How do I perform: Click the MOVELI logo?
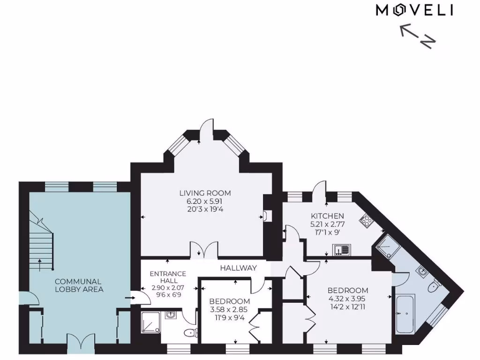[414, 10]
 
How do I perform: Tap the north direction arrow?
[417, 37]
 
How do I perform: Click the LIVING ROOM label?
[205, 193]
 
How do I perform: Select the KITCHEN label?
[328, 216]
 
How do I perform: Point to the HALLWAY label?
[239, 268]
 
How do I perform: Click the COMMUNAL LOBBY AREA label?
[78, 285]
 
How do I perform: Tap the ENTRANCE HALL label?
[168, 277]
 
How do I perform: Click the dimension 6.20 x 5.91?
[205, 201]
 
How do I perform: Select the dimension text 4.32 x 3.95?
[348, 299]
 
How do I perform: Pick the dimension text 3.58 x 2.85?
[229, 309]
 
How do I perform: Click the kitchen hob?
[365, 220]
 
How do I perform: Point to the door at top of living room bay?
[204, 127]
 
